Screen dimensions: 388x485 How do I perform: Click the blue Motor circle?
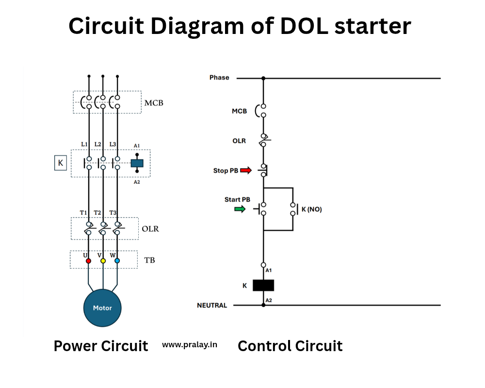pyautogui.click(x=102, y=307)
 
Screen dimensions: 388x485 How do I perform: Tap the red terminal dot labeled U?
pyautogui.click(x=88, y=261)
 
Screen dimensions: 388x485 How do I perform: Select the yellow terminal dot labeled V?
pyautogui.click(x=103, y=261)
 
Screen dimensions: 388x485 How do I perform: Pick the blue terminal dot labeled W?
pyautogui.click(x=117, y=261)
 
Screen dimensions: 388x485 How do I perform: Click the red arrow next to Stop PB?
pyautogui.click(x=246, y=170)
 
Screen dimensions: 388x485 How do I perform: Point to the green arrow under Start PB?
pyautogui.click(x=240, y=209)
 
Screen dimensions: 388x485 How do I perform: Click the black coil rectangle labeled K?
pyautogui.click(x=263, y=285)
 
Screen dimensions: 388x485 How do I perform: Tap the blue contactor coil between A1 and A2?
pyautogui.click(x=137, y=163)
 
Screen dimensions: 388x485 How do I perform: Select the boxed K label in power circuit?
pyautogui.click(x=60, y=163)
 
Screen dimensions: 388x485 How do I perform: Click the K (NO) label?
pyautogui.click(x=311, y=210)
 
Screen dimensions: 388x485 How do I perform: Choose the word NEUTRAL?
pyautogui.click(x=212, y=306)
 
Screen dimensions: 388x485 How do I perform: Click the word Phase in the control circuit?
pyautogui.click(x=219, y=78)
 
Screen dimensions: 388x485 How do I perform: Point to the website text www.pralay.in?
pyautogui.click(x=190, y=345)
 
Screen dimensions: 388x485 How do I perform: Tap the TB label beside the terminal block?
pyautogui.click(x=150, y=260)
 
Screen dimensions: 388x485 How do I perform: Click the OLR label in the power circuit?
pyautogui.click(x=150, y=228)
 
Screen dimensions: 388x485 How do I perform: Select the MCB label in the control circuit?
pyautogui.click(x=239, y=111)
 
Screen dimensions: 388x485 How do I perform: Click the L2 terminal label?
pyautogui.click(x=98, y=144)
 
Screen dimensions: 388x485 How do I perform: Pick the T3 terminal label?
pyautogui.click(x=113, y=213)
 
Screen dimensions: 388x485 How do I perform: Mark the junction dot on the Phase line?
pyautogui.click(x=263, y=78)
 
